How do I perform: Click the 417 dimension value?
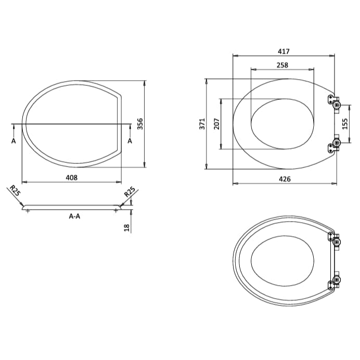[284, 51]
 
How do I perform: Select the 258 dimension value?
[282, 65]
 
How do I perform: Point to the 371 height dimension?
[202, 124]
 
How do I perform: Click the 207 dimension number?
[217, 124]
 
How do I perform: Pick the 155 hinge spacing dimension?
[345, 124]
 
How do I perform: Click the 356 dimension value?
[140, 124]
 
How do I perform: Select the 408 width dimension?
[71, 177]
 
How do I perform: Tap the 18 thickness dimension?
[126, 228]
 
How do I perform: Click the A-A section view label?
[74, 216]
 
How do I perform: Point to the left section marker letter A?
[13, 140]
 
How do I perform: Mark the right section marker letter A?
[130, 140]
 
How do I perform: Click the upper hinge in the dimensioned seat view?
[333, 102]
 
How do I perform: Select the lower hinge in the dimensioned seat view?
[333, 145]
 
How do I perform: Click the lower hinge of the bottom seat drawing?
[334, 282]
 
